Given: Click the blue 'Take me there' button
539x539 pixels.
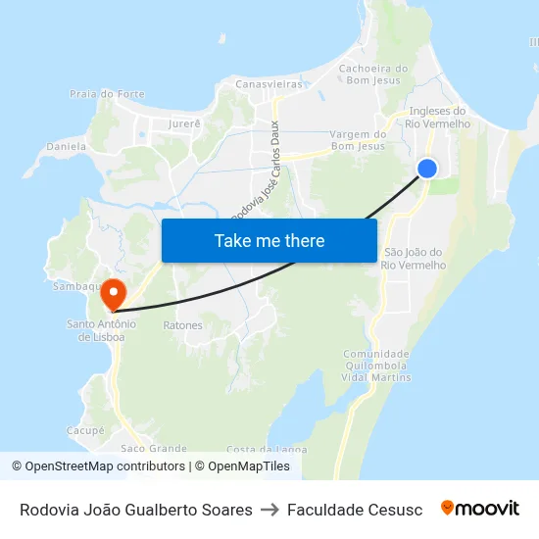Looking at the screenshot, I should tap(269, 240).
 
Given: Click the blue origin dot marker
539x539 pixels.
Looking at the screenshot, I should tap(427, 169).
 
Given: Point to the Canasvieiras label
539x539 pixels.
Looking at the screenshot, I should tap(269, 84).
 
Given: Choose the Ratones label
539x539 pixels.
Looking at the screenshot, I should tap(182, 325).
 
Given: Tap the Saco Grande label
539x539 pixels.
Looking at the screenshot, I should tap(154, 448).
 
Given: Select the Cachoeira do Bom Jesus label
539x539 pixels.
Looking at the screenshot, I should tap(372, 74).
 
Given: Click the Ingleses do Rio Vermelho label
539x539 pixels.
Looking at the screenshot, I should tap(439, 118).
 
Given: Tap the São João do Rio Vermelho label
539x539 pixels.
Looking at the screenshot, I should tap(414, 259).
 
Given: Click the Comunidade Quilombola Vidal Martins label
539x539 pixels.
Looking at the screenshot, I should tap(376, 366).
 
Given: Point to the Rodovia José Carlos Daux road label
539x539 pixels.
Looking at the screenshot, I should tap(255, 172).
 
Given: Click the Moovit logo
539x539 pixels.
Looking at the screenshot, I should tap(480, 509).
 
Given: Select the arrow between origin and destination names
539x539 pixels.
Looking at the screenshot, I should tap(269, 510).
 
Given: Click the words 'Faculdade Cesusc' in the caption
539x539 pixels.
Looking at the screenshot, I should tap(355, 510).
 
